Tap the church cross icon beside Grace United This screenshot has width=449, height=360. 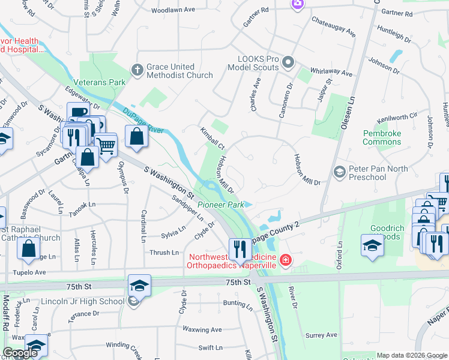coord(137,71)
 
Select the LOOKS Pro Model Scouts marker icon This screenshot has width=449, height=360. coord(289,62)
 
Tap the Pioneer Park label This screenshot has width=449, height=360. coord(221,205)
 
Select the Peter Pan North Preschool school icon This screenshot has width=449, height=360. coord(339,173)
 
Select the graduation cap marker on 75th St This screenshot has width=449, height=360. coord(139,285)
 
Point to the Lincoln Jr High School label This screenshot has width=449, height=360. coord(83,301)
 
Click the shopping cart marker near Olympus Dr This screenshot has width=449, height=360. coord(106,145)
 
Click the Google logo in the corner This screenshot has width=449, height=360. coord(20,353)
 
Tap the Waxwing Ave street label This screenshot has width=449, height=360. coord(202,329)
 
